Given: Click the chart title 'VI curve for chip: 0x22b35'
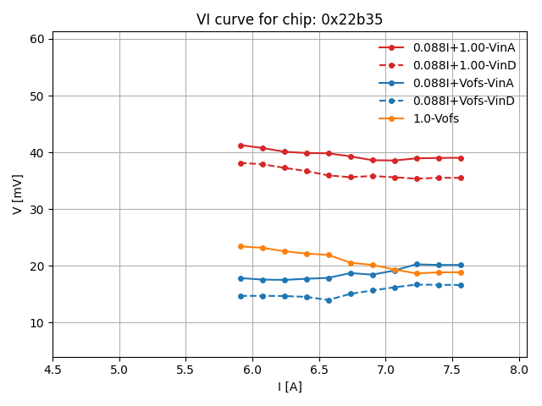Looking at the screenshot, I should pos(288,19).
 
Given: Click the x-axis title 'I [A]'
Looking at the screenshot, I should pos(290,387).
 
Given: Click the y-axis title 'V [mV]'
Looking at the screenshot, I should pos(18,194).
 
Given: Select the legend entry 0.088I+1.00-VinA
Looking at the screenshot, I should pos(464,47).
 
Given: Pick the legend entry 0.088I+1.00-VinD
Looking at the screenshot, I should pos(464,65).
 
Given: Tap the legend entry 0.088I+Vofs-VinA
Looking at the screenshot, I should pos(463,83).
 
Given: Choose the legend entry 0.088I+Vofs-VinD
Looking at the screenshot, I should pos(463,101).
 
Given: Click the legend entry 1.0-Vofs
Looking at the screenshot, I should pos(435,118).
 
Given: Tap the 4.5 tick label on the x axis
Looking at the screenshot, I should pos(53,370).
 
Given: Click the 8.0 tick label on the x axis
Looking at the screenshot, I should pos(519,370).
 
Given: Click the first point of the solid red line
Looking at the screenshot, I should pos(241,145).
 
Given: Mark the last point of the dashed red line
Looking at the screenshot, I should pos(461,178).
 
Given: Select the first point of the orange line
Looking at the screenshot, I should pos(241,246).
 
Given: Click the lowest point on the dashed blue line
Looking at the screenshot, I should pos(329,300).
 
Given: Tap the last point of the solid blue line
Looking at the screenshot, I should pos(461,265).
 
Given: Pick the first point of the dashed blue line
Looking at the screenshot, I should pos(241,296).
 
